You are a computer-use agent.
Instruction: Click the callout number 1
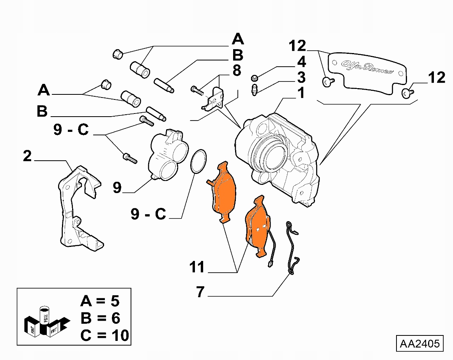301,94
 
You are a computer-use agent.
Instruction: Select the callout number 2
27,156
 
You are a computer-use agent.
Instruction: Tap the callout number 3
301,77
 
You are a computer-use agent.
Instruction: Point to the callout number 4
301,62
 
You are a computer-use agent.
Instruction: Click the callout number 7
200,292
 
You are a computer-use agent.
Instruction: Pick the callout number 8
236,71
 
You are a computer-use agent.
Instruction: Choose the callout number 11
197,268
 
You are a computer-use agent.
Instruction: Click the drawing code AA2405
420,344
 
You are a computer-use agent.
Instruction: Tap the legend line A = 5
100,301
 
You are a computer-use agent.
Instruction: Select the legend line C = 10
104,335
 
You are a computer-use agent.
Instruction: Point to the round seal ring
199,161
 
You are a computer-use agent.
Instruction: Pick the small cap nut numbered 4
253,77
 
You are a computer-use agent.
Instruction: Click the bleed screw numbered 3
254,90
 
